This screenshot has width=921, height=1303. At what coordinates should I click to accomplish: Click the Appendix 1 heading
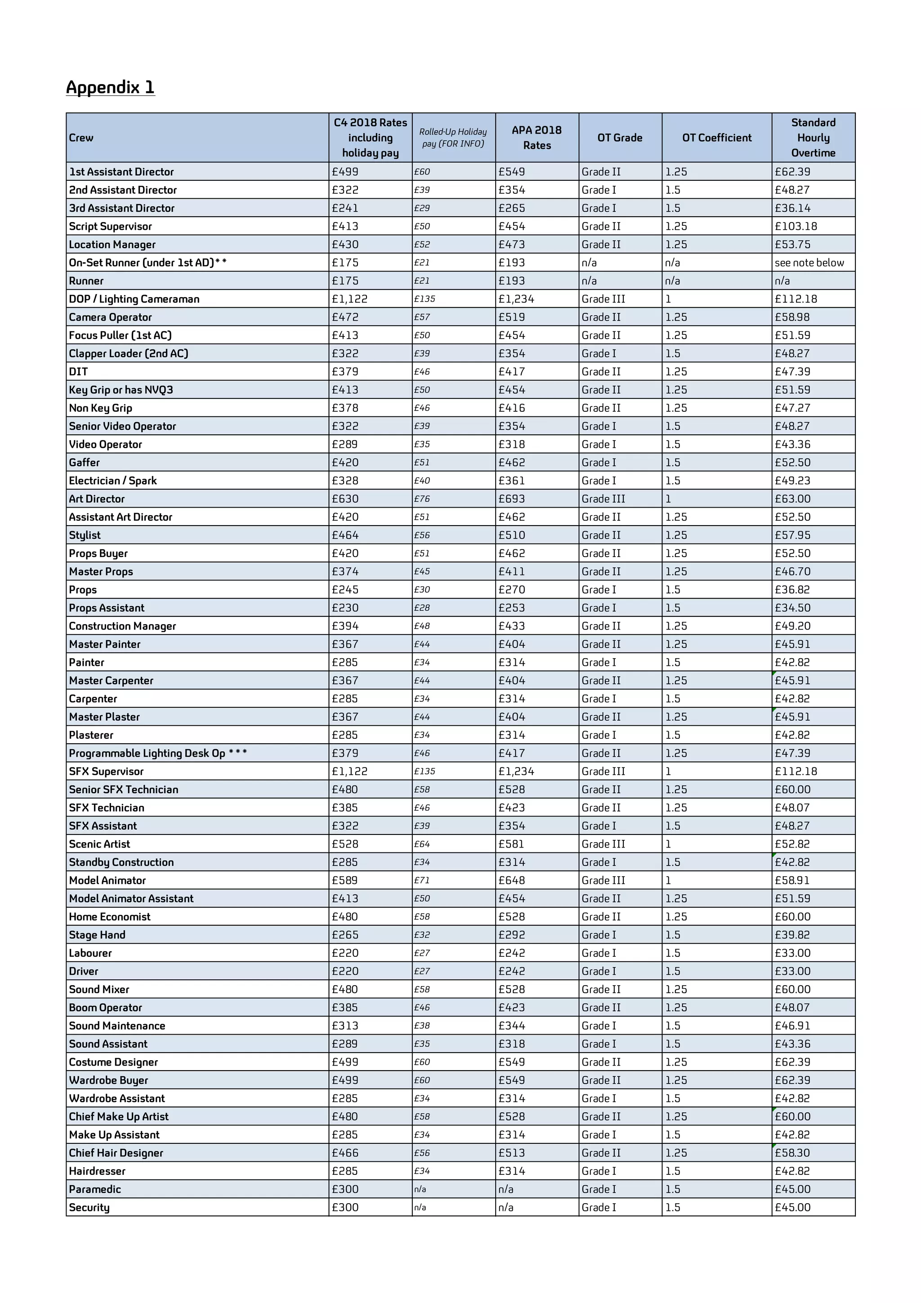click(x=110, y=87)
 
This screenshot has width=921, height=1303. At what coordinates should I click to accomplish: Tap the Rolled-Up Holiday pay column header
click(x=453, y=138)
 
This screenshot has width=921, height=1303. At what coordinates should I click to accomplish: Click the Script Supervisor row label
click(x=111, y=227)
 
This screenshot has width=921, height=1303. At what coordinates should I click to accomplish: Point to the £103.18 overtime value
click(x=796, y=227)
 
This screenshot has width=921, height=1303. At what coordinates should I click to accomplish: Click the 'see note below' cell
click(x=809, y=263)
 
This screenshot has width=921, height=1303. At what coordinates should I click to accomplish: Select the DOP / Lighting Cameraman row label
click(x=134, y=299)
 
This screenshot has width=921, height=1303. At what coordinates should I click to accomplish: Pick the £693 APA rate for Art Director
click(x=511, y=499)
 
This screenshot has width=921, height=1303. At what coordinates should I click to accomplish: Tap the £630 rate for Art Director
click(x=345, y=499)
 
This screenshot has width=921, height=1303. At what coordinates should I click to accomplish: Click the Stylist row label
click(x=85, y=535)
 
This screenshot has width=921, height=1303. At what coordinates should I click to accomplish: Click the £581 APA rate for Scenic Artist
click(x=511, y=844)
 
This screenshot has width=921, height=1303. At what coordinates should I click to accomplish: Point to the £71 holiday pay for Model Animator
click(x=422, y=880)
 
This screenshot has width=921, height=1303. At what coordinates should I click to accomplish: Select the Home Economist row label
click(x=110, y=916)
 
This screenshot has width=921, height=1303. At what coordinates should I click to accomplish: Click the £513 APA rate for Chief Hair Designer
click(x=511, y=1153)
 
